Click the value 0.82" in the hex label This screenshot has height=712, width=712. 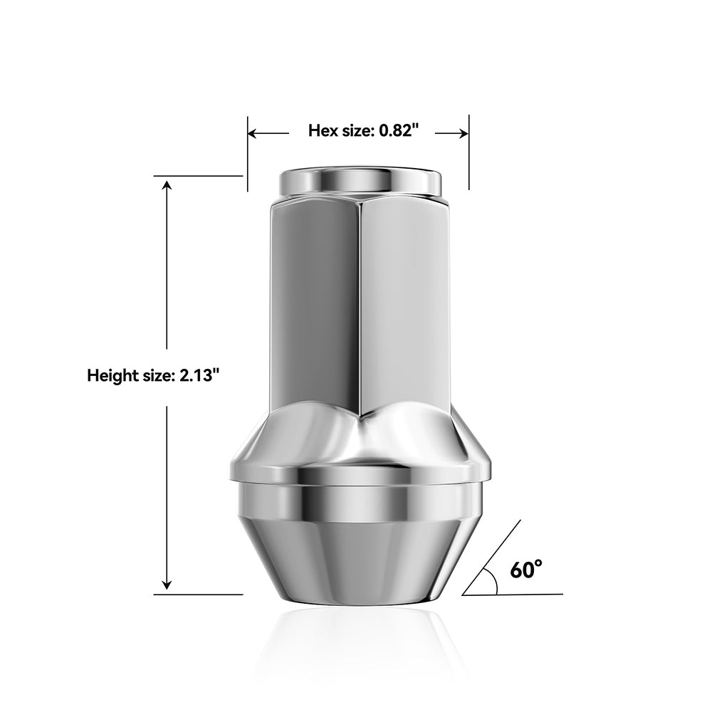pyautogui.click(x=399, y=131)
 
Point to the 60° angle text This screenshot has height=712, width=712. pyautogui.click(x=526, y=570)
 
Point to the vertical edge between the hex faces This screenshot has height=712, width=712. pyautogui.click(x=359, y=306)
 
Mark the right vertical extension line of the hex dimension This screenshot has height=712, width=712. pyautogui.click(x=469, y=153)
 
